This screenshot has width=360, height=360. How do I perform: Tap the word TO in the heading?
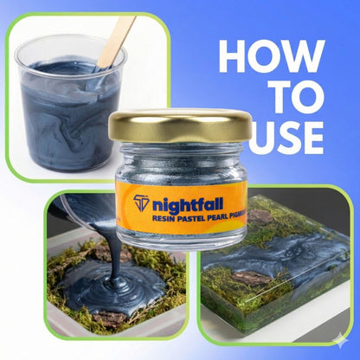pyautogui.click(x=299, y=97)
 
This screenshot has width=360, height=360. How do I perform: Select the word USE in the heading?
pyautogui.click(x=286, y=138)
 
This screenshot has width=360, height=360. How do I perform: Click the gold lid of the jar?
pyautogui.click(x=180, y=125)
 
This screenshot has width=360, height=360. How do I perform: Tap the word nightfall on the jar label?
pyautogui.click(x=188, y=204)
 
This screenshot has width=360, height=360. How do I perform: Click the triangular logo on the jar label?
pyautogui.click(x=141, y=203)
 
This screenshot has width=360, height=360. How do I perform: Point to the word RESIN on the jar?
pyautogui.click(x=162, y=218)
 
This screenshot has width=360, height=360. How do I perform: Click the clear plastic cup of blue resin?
pyautogui.click(x=71, y=104)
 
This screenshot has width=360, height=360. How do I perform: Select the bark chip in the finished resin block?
pyautogui.click(x=251, y=278)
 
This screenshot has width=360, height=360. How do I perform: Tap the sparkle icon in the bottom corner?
pyautogui.click(x=341, y=341)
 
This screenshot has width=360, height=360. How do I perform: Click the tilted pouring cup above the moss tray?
pyautogui.click(x=84, y=209)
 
